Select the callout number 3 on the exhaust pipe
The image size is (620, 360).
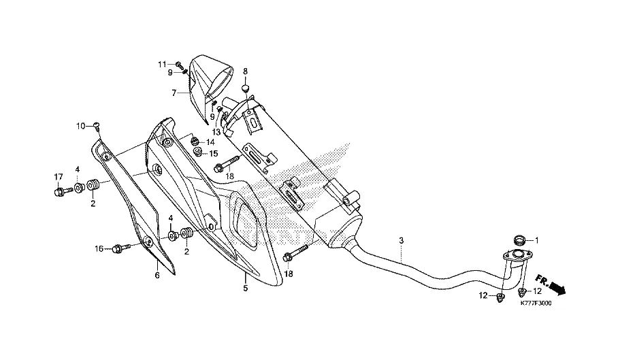coord(402,241)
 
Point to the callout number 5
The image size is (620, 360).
coord(246,288)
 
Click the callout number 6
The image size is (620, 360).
coord(157,275)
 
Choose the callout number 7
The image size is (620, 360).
coord(174,93)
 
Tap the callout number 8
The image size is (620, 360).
coord(246,71)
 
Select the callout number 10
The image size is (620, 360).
coord(80,126)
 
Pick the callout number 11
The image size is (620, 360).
coord(162,64)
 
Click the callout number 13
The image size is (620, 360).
coord(216,131)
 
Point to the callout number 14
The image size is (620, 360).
coord(210,142)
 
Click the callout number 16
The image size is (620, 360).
coord(99,249)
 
